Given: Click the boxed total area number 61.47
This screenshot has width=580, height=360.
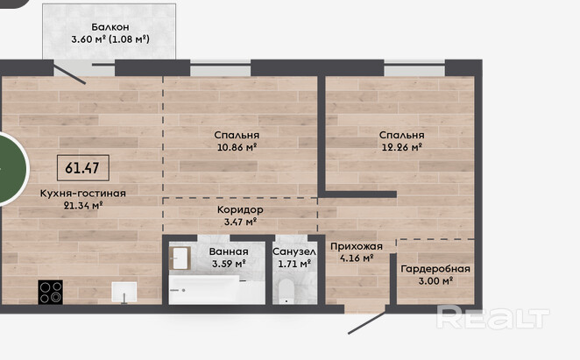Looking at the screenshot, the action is [83, 168].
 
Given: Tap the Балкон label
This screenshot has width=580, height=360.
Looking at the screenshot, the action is [110, 27].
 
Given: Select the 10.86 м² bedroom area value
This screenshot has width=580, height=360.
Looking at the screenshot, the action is [237, 147].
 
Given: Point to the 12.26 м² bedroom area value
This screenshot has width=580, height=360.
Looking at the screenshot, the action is [402, 147].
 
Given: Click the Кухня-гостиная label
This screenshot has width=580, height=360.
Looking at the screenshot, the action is [83, 193].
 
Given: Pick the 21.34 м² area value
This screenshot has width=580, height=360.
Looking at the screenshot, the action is [83, 205].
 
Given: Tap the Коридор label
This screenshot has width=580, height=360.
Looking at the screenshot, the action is [240, 210].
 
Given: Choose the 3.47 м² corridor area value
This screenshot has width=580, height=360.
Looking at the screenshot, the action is [240, 222].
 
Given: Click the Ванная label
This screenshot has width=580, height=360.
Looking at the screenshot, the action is [229, 252].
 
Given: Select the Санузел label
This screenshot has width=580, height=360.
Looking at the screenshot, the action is [294, 252].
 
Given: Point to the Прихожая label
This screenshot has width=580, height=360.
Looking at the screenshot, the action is [357, 246].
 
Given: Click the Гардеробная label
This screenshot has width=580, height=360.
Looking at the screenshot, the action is [435, 269].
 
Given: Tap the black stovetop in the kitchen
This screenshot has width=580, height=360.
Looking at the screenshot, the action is [50, 293].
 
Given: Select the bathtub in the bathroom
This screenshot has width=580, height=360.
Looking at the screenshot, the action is [216, 290].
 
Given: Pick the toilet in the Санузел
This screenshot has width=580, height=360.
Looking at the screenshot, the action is [286, 292].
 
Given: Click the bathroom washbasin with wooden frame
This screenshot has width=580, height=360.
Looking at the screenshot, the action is [180, 258].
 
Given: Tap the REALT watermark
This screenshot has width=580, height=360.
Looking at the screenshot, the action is [492, 317].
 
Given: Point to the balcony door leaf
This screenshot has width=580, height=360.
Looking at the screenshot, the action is [70, 74].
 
